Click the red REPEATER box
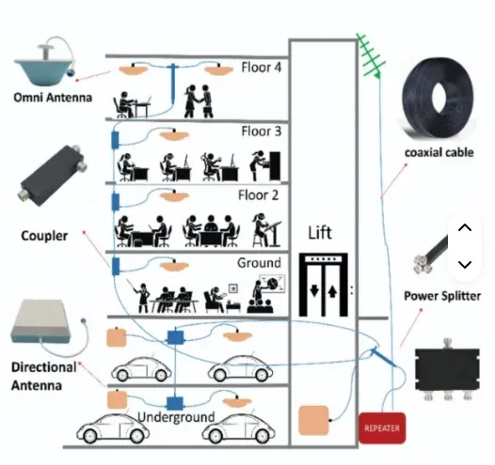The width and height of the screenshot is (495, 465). (382, 427)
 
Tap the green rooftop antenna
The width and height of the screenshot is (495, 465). (370, 56)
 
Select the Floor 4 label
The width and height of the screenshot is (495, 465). (261, 68)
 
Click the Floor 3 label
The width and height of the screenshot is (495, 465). (261, 132)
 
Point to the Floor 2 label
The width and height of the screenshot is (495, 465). (258, 195)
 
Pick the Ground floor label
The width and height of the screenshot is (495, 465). (259, 263)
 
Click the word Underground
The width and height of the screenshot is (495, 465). (176, 417)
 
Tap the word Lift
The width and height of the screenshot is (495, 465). (320, 233)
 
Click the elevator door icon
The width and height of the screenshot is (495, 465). (324, 285)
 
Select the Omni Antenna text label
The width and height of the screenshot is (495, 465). (53, 98)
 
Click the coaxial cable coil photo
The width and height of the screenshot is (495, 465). (438, 99)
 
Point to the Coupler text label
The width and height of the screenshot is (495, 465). (44, 236)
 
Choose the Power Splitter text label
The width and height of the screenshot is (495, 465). (442, 296)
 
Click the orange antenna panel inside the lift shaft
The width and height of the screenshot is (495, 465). (313, 421)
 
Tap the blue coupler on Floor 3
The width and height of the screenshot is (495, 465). (115, 140)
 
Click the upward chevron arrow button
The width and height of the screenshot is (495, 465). (465, 227)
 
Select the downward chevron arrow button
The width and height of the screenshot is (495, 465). (465, 264)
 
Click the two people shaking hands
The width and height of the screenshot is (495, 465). (199, 101)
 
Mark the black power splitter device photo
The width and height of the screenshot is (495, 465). (447, 369)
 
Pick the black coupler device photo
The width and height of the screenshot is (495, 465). (53, 175)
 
